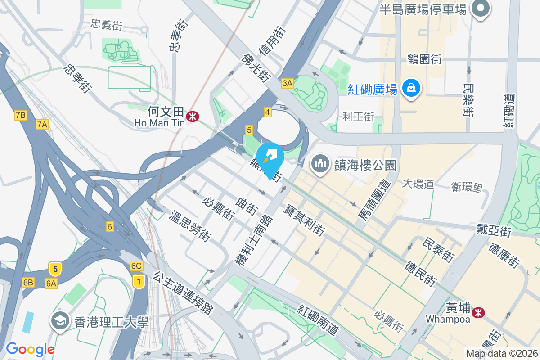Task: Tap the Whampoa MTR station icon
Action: tap(479, 311)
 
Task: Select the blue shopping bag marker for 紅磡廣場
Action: tap(411, 88)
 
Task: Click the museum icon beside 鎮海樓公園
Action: tap(320, 164)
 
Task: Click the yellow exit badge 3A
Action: tap(287, 83)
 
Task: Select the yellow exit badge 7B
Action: tap(20, 115)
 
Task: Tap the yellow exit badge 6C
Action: tap(136, 266)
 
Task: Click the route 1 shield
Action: tap(139, 282)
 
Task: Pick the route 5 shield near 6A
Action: tap(55, 269)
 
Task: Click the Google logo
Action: tap(30, 349)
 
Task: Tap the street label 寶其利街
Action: tap(305, 220)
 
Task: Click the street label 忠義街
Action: tap(106, 25)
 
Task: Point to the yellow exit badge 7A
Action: tap(42, 125)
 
